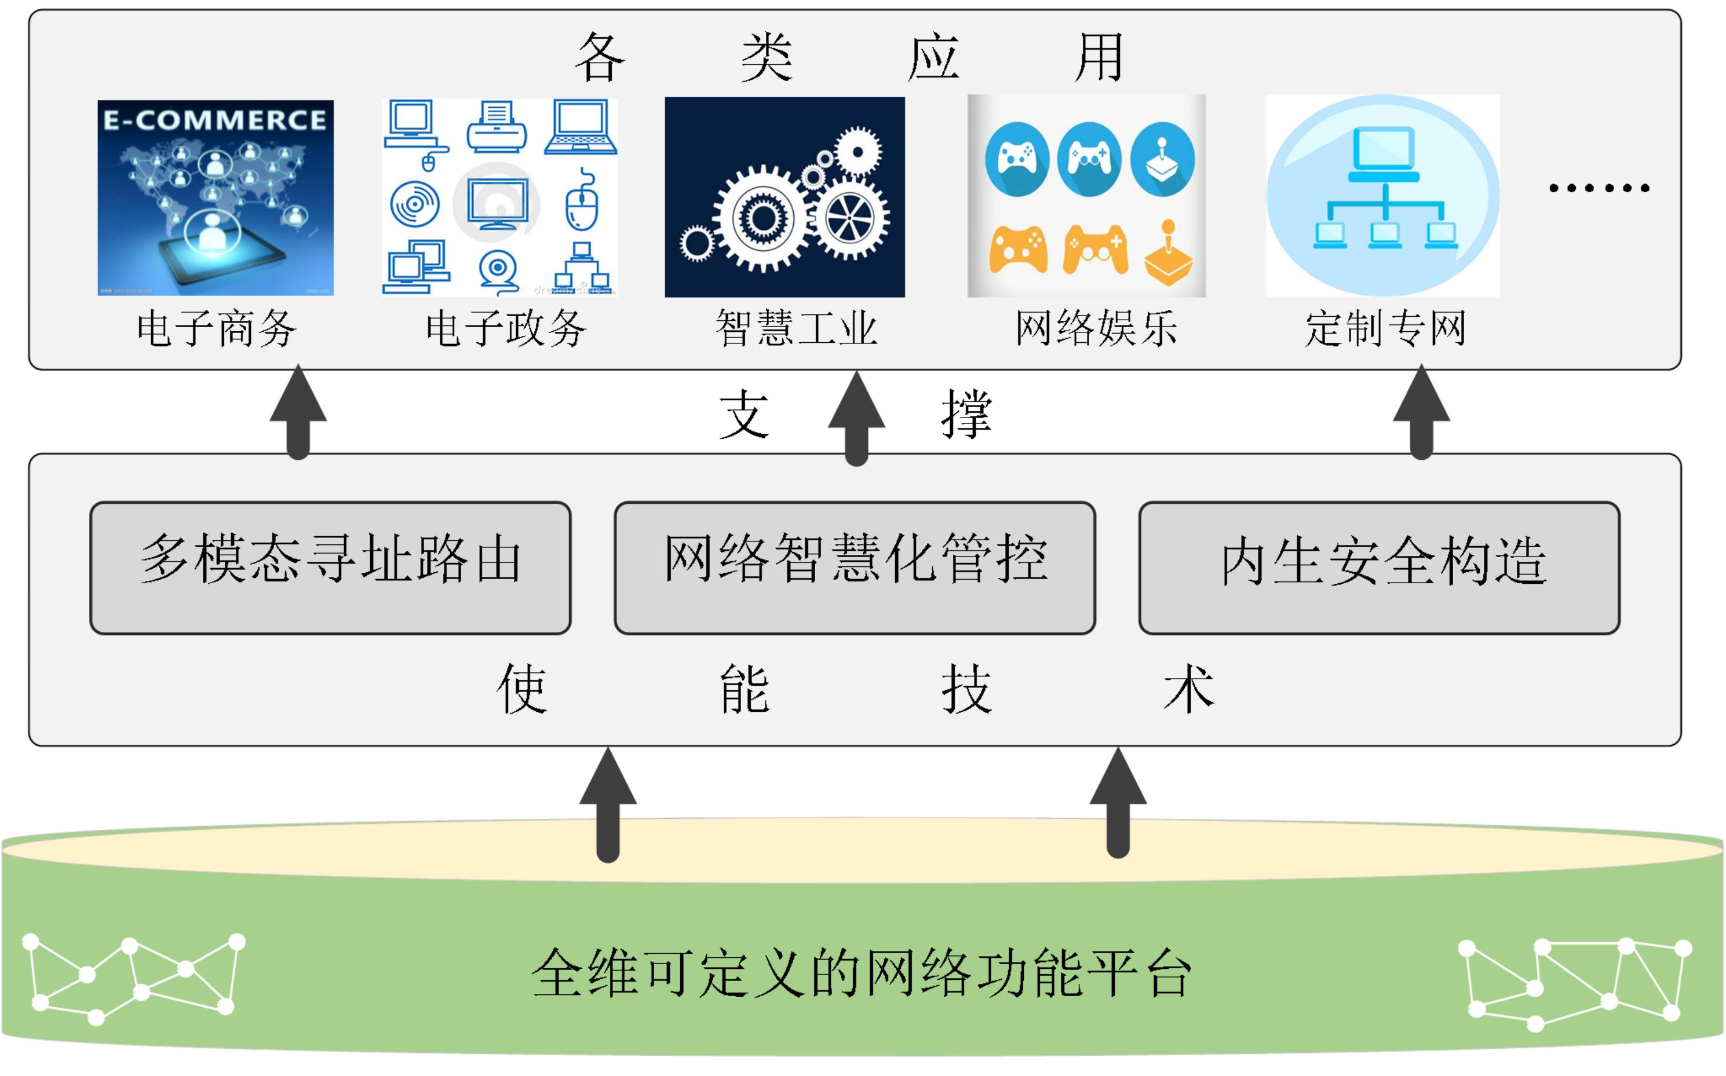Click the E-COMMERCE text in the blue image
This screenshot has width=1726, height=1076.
[x=215, y=119]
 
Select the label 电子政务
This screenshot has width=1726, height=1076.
[x=506, y=329]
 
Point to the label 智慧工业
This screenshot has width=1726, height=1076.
[x=796, y=329]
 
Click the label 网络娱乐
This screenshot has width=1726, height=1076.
[x=1096, y=329]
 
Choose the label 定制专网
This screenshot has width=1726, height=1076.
[x=1385, y=329]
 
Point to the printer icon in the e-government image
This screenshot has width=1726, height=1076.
[x=497, y=127]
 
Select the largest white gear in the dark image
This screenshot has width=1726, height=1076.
[x=763, y=218]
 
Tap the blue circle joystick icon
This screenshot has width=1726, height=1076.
[x=1162, y=159]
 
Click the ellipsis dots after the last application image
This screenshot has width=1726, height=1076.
[x=1599, y=188]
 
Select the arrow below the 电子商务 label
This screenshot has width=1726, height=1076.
[x=298, y=413]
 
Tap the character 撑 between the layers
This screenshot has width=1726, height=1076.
[x=966, y=414]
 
